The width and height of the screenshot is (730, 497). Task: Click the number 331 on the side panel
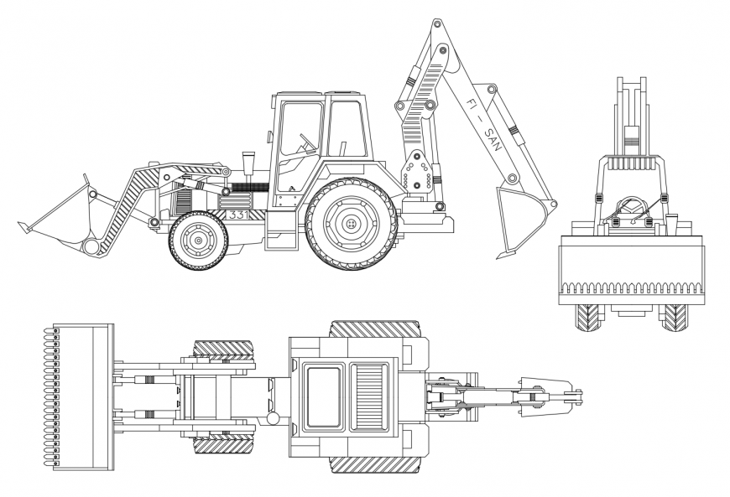pyautogui.click(x=237, y=215)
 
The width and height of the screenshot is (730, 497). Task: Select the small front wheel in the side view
pyautogui.click(x=198, y=241)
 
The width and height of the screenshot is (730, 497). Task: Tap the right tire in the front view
pyautogui.click(x=675, y=317)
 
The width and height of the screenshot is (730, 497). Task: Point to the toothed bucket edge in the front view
pyautogui.click(x=632, y=289)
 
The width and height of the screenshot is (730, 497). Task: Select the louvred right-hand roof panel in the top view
pyautogui.click(x=368, y=396)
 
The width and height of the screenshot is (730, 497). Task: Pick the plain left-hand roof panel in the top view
pyautogui.click(x=322, y=396)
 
